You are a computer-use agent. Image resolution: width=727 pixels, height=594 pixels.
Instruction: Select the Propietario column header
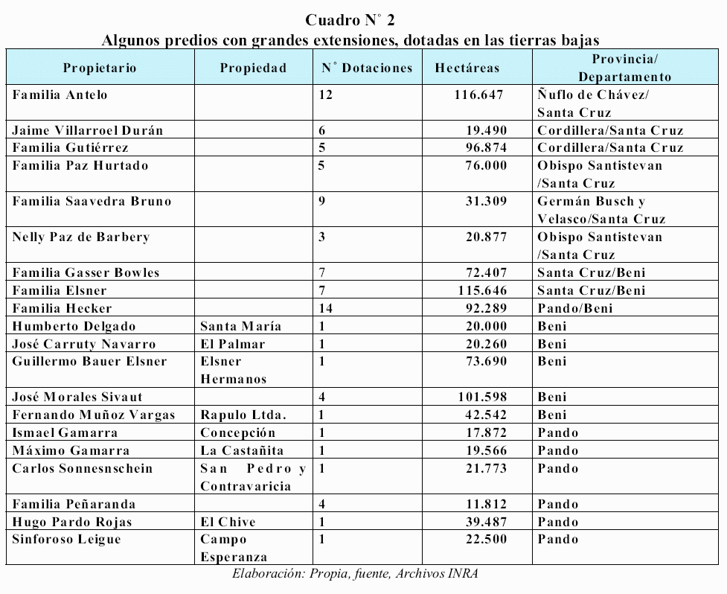100,68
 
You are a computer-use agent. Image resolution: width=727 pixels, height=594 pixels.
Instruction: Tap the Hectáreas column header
467,68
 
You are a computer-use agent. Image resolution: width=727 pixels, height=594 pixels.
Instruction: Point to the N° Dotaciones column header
367,68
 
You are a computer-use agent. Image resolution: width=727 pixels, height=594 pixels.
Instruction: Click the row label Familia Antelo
60,95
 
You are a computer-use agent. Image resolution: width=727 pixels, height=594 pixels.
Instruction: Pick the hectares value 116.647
479,95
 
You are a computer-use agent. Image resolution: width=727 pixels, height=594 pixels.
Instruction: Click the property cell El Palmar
233,344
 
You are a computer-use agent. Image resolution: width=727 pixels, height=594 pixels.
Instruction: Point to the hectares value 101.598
479,397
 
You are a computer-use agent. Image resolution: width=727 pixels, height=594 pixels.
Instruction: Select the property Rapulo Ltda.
243,415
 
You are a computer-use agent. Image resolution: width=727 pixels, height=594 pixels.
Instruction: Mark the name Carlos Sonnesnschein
83,469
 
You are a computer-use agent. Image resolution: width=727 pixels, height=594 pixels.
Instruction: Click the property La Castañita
242,451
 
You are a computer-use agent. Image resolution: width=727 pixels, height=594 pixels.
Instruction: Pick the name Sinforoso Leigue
66,540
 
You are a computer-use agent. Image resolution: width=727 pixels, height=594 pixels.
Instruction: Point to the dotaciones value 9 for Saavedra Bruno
321,201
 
